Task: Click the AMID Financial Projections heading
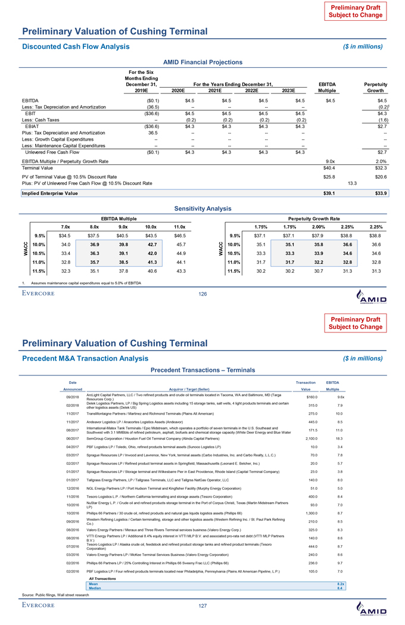202,61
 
